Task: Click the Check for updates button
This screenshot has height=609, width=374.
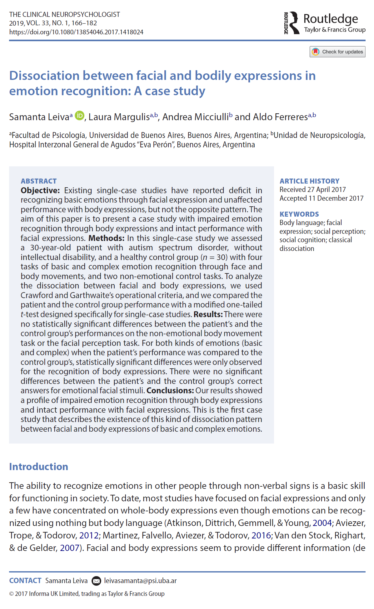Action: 337,52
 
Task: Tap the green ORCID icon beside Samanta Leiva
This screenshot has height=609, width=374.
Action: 80,116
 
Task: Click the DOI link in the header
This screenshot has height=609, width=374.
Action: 76,32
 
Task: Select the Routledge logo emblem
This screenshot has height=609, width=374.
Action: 292,23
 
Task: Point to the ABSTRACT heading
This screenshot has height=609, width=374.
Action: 39,181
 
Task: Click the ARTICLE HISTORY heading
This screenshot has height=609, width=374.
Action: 309,181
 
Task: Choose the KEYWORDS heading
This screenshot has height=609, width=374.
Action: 299,214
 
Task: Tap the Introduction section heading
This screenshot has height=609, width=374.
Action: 38,467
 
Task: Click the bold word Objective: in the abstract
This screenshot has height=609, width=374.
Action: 40,190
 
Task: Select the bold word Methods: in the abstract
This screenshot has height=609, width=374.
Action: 106,238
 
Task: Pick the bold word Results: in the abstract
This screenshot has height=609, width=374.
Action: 208,314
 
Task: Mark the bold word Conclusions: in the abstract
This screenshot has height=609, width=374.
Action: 170,390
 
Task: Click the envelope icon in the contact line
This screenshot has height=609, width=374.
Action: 96,581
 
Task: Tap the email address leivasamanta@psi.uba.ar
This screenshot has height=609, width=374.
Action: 140,581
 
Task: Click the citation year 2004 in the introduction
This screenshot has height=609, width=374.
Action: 322,523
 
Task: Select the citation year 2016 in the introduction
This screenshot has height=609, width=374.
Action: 261,535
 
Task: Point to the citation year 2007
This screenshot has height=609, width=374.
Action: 69,548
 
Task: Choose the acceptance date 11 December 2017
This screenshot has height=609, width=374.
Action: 336,198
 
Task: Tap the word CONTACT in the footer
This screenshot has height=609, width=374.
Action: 25,581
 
